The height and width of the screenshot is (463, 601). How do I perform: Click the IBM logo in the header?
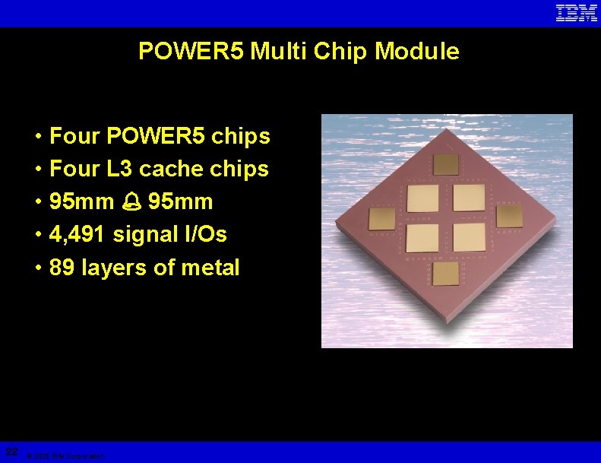[577, 13]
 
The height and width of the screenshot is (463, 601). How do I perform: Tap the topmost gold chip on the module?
[444, 163]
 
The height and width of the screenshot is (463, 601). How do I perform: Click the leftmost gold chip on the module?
[381, 218]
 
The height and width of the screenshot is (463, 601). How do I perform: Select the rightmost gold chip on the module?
[509, 214]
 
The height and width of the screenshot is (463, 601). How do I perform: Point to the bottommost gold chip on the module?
[447, 274]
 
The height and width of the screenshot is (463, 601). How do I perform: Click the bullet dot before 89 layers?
[37, 268]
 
